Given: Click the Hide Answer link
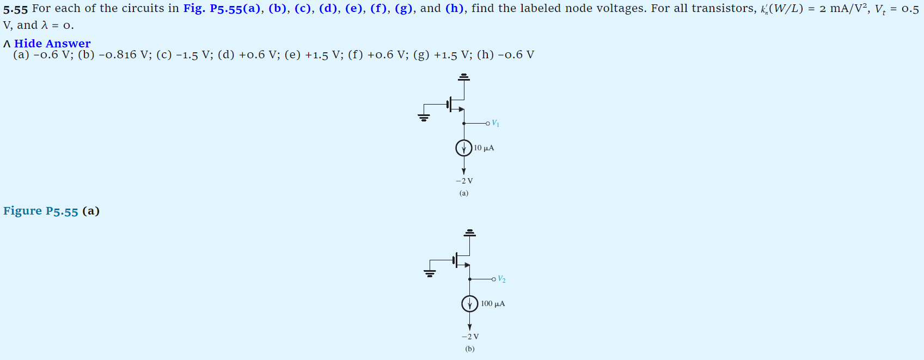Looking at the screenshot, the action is click(x=52, y=44).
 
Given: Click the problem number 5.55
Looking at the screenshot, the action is click(x=15, y=9).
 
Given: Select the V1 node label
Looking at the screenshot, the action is click(x=495, y=124).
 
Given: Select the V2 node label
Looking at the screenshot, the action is click(x=501, y=279).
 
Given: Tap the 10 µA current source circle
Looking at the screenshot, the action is click(x=464, y=148).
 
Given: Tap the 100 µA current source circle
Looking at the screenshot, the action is click(x=470, y=303).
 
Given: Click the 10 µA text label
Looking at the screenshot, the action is click(x=484, y=148).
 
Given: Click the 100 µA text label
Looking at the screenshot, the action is click(x=493, y=304).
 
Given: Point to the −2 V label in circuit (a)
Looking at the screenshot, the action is click(x=464, y=181).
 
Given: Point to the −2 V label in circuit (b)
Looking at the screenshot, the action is click(x=470, y=337).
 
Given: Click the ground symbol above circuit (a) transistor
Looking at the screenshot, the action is click(x=464, y=77).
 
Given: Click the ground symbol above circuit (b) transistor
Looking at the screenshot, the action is click(x=470, y=233).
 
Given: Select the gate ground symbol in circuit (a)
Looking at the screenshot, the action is click(x=424, y=117).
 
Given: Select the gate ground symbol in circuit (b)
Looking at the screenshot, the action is click(x=430, y=272).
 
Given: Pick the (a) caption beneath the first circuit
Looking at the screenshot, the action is click(x=464, y=193).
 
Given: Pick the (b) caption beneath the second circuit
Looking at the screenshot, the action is click(x=470, y=349).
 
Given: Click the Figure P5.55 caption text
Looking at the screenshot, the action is click(x=41, y=211).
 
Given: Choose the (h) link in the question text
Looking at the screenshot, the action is click(x=455, y=9).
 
